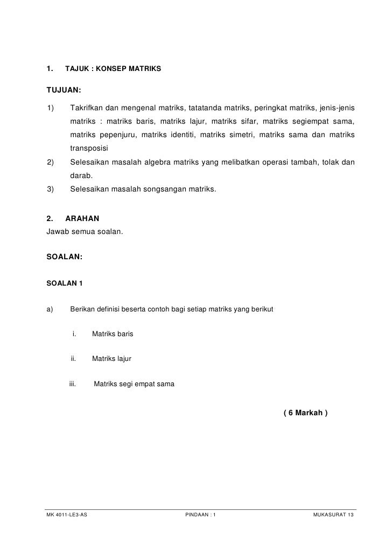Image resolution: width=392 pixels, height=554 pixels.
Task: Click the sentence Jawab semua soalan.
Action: pos(85,232)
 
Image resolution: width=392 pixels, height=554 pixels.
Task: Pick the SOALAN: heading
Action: pos(65,257)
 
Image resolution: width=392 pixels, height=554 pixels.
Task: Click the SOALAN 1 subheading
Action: pos(64,283)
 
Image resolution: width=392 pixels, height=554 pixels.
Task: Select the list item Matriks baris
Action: pos(113,334)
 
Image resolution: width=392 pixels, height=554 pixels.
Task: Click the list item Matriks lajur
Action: pos(111,358)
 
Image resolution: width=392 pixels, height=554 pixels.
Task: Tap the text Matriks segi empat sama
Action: pos(134,384)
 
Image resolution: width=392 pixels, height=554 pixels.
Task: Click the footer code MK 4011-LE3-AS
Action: pos(67,515)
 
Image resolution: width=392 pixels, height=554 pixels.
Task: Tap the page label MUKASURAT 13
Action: pos(333,515)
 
